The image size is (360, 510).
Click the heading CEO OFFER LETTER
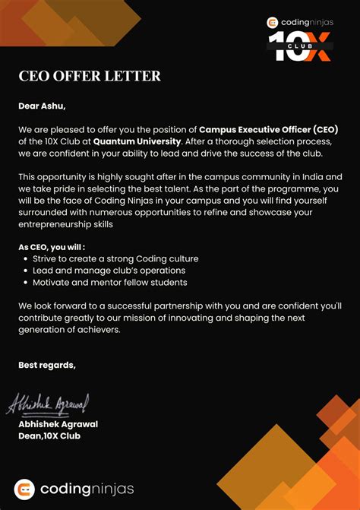click(x=90, y=76)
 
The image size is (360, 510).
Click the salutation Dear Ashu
click(x=47, y=106)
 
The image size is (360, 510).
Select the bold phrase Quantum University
click(x=137, y=141)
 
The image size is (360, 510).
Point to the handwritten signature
click(x=48, y=403)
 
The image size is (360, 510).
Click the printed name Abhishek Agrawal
click(x=58, y=424)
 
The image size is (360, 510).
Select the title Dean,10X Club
click(x=49, y=436)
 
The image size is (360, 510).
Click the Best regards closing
click(x=47, y=365)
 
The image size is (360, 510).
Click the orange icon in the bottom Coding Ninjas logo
click(x=25, y=489)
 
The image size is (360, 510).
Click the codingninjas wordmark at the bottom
click(x=87, y=489)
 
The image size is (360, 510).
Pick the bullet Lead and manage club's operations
click(x=109, y=271)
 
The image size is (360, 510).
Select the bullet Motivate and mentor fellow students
click(x=109, y=283)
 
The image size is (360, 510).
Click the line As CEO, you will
click(x=52, y=247)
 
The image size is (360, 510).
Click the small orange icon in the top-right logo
click(x=273, y=23)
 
